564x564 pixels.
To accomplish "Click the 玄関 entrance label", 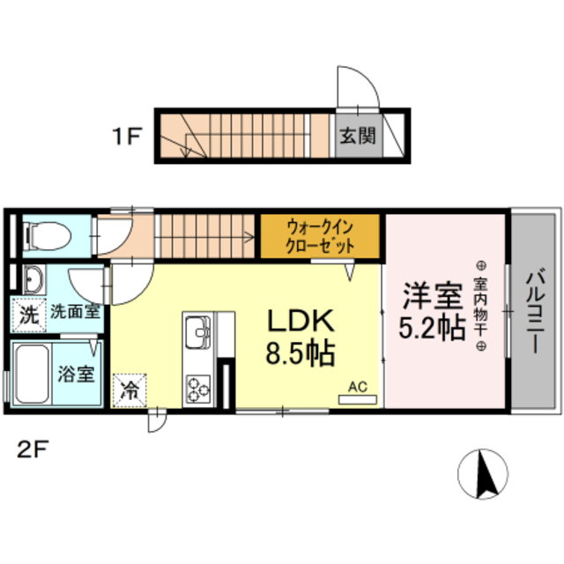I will point(359,137).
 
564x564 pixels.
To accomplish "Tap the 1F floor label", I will point(127,137).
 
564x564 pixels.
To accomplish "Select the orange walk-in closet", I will point(320,236).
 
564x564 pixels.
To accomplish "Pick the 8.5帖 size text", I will point(300,354).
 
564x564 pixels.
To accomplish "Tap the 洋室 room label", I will point(431,294).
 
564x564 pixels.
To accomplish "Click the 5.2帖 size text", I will point(431,328).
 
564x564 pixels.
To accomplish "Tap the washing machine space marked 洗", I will point(29,314).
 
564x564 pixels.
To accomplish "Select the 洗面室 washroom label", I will point(73,311).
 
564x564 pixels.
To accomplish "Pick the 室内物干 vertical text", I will point(481,304).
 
